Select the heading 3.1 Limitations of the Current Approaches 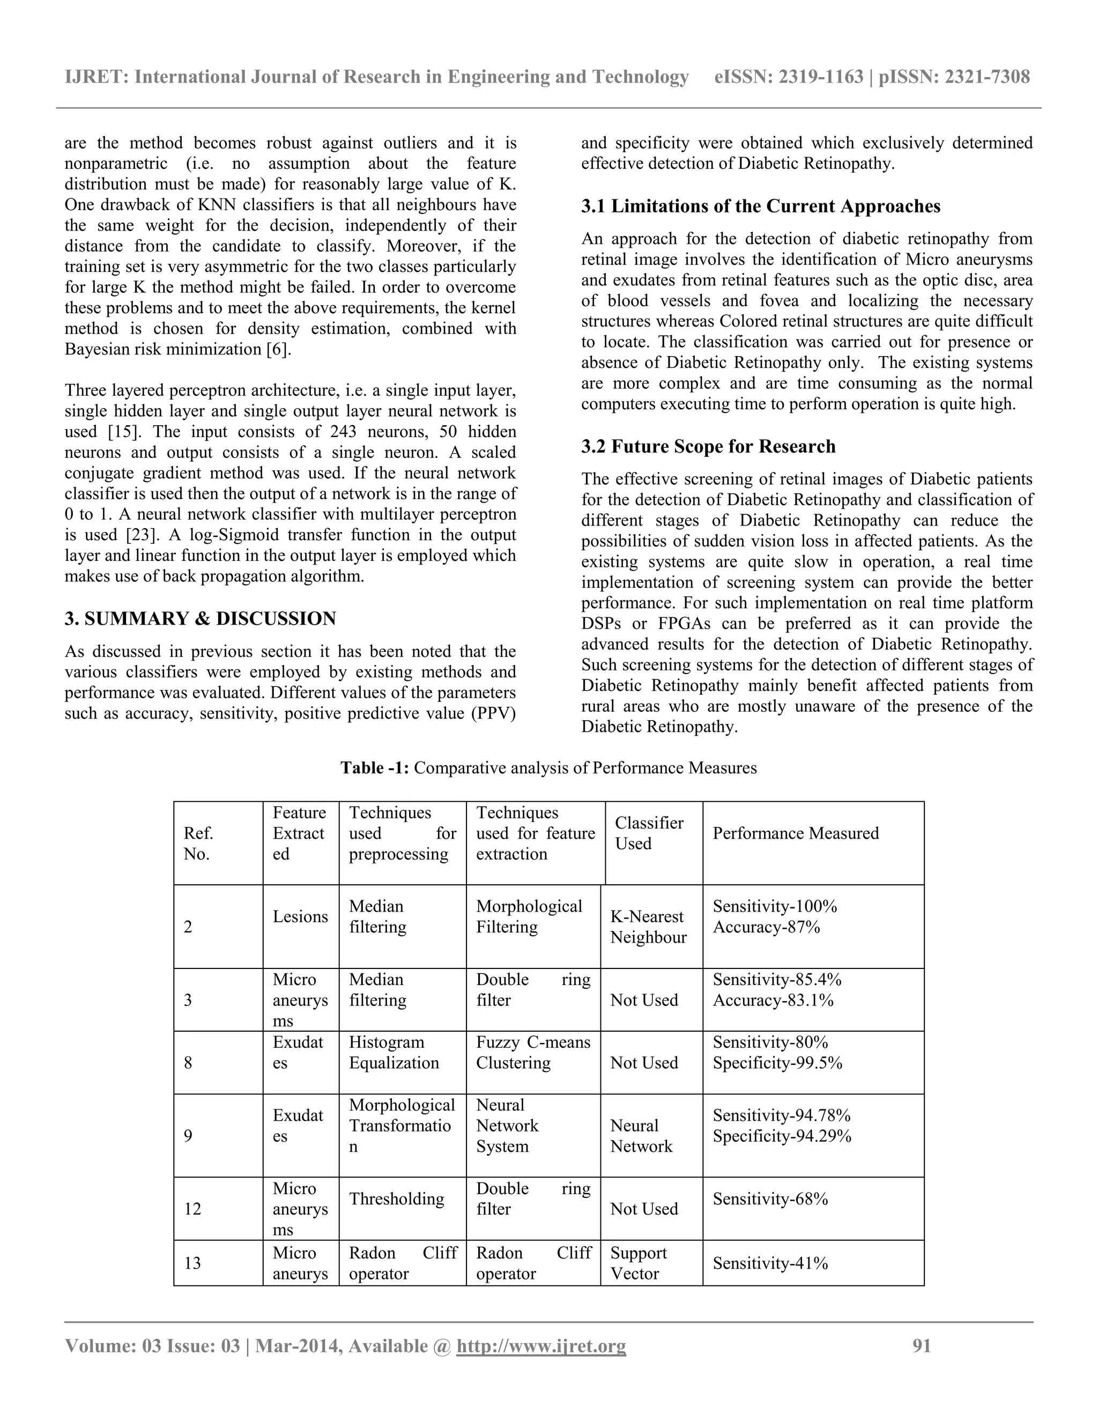pos(760,206)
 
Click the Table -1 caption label pos(375,768)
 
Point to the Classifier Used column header pos(649,833)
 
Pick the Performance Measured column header pos(795,833)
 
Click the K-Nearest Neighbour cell pos(648,927)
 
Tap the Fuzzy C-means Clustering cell pos(533,1052)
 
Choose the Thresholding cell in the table pos(396,1198)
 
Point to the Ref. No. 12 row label pos(192,1209)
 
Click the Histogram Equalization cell pos(394,1052)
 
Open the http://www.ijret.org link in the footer pos(541,1345)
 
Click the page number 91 pos(922,1345)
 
